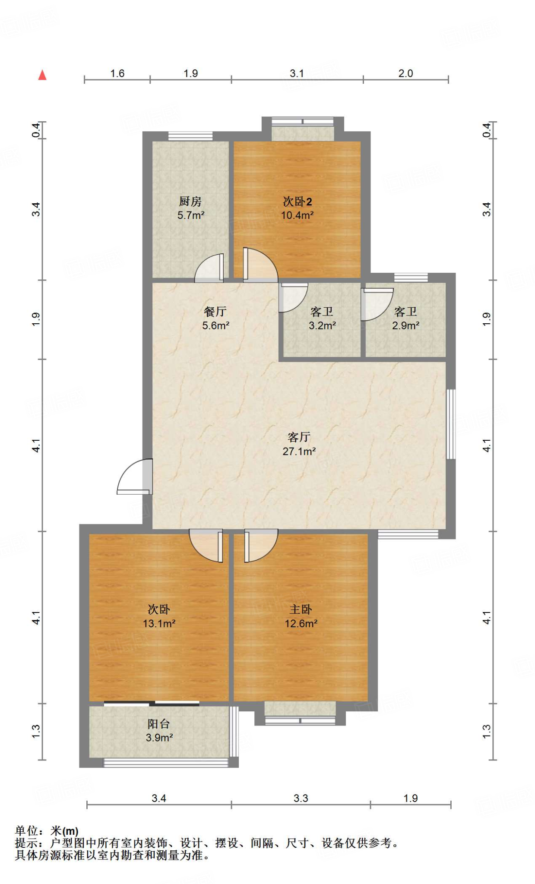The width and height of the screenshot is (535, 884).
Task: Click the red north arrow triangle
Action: click(x=42, y=75)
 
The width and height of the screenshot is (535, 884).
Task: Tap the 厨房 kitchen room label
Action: click(x=190, y=201)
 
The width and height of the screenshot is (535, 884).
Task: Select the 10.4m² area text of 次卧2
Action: click(x=297, y=215)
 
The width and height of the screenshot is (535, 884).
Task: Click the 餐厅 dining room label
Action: click(x=215, y=311)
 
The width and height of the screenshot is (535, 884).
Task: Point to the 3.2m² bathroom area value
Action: click(x=322, y=325)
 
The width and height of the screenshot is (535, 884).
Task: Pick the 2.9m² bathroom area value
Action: click(x=405, y=325)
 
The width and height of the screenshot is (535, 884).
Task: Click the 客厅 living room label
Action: click(x=299, y=437)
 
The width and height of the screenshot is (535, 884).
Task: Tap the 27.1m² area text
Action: click(x=299, y=451)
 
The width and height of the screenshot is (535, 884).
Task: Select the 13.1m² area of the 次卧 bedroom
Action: click(x=159, y=623)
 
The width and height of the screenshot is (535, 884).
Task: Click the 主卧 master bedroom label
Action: click(x=301, y=609)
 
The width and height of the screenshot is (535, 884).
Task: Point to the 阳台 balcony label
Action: click(x=158, y=723)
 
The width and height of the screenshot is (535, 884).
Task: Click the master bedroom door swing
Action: click(x=260, y=546)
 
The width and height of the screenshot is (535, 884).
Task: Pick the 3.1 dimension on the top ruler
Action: click(x=297, y=73)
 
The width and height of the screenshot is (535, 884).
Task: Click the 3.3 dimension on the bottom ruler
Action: click(x=301, y=798)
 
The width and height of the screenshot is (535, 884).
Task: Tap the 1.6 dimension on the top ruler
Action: click(x=117, y=73)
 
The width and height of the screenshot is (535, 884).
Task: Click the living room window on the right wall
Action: click(x=450, y=424)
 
